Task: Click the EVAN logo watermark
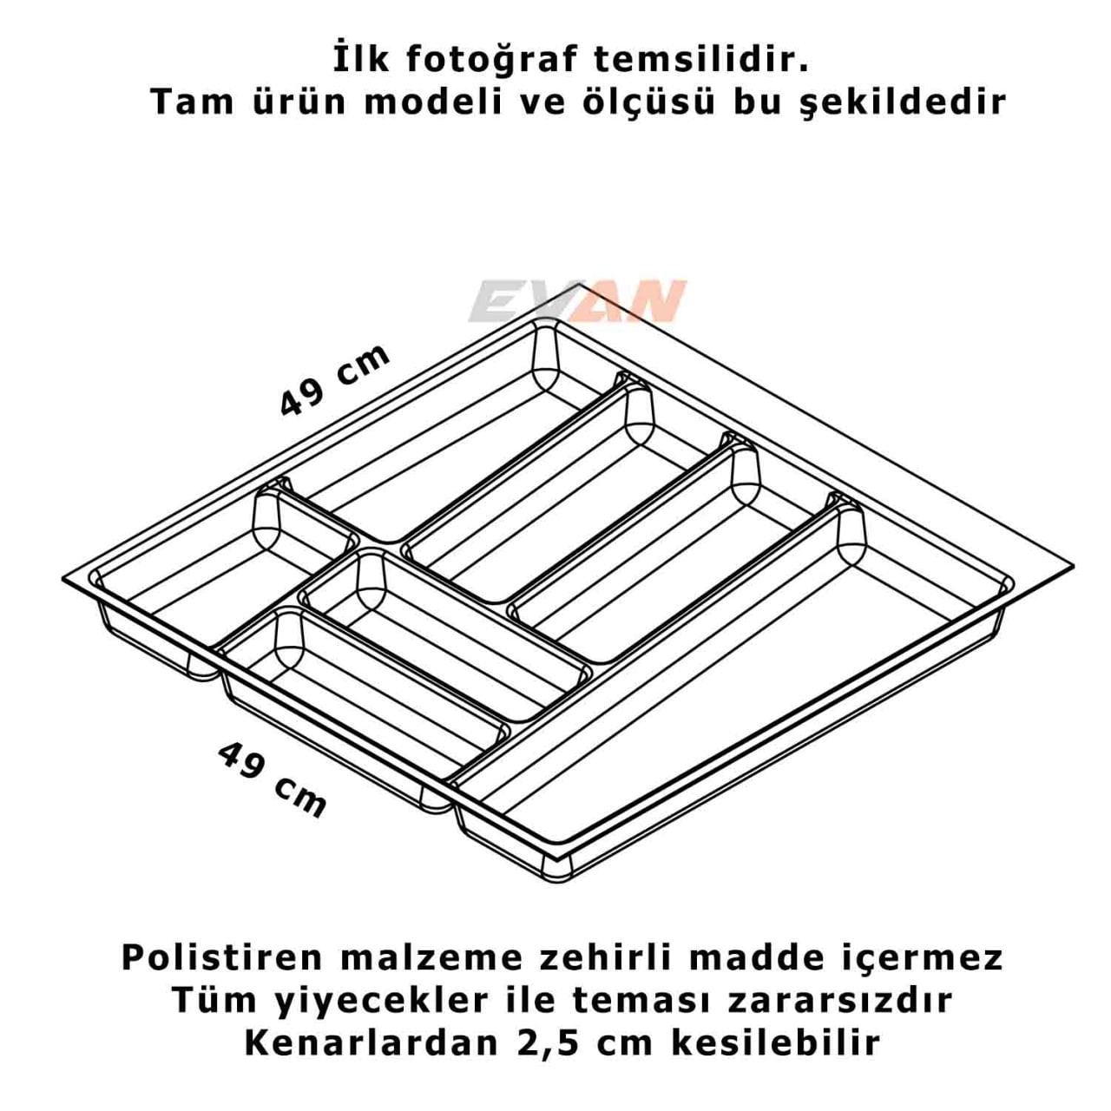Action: [x=577, y=301]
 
